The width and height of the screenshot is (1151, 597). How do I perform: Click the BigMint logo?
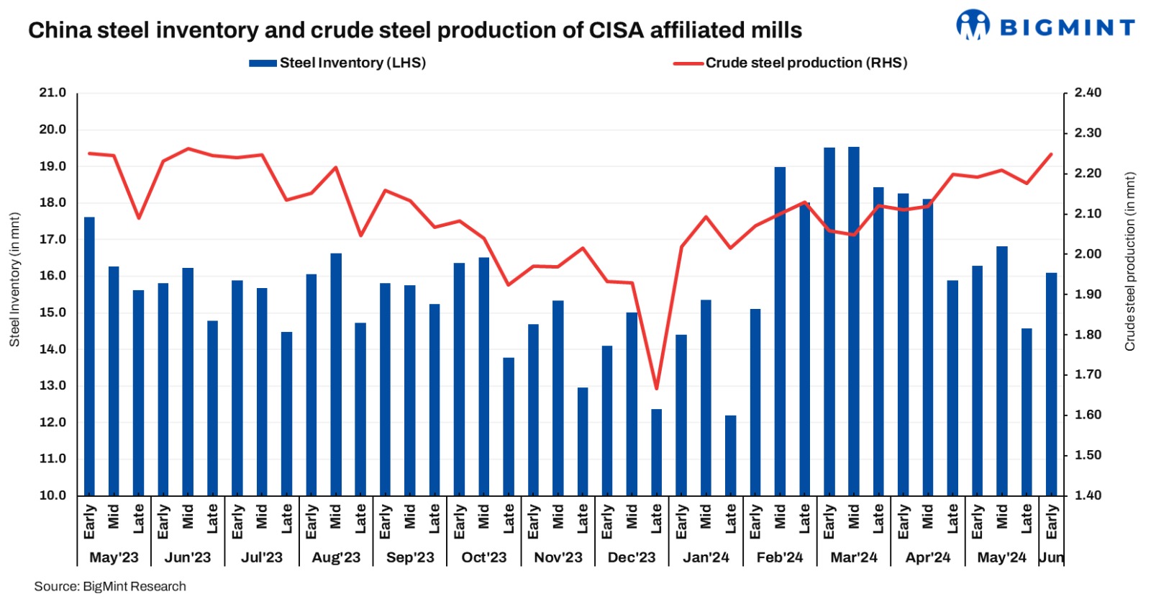pos(1045,26)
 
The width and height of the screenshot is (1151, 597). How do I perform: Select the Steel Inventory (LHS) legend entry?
pos(337,63)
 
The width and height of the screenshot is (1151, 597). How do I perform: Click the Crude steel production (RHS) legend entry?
pos(790,63)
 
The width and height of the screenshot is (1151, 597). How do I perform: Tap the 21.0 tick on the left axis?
pos(52,93)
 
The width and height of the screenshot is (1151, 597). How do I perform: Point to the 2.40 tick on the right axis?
pos(1087,93)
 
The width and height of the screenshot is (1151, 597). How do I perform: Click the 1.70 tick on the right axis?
pos(1087,374)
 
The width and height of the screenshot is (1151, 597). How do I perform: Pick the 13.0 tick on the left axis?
pos(52,385)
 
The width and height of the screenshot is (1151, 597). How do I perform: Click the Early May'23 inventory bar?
pos(89,356)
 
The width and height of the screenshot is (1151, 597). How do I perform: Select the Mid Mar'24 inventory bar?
pos(854,321)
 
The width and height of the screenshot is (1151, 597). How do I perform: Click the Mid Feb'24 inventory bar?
pos(780,331)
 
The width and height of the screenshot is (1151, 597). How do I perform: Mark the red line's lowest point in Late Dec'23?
pos(656,389)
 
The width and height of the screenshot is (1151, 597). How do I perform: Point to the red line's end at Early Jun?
pos(1051,154)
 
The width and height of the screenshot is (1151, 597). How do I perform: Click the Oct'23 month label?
pos(484,557)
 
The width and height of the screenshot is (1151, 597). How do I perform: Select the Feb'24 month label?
pos(780,557)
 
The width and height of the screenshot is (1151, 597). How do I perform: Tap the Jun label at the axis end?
pos(1051,557)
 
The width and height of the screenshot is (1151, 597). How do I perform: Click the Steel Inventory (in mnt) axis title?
pos(14,279)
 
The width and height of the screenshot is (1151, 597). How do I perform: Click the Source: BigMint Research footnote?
pos(110,586)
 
